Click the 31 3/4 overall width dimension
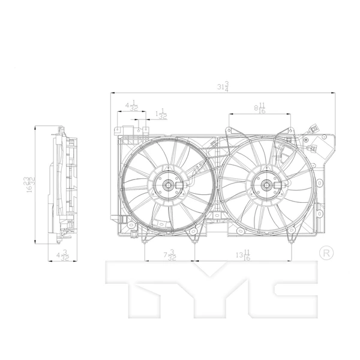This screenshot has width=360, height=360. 223,87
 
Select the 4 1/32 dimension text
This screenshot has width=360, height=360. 131,107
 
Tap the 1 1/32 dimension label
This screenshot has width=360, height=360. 160,115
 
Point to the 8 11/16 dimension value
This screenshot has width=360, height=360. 259,108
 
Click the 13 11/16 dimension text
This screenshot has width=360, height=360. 244,256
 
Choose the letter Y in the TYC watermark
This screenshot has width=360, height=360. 213,287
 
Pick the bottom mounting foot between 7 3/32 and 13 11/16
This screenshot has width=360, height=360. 194,239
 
